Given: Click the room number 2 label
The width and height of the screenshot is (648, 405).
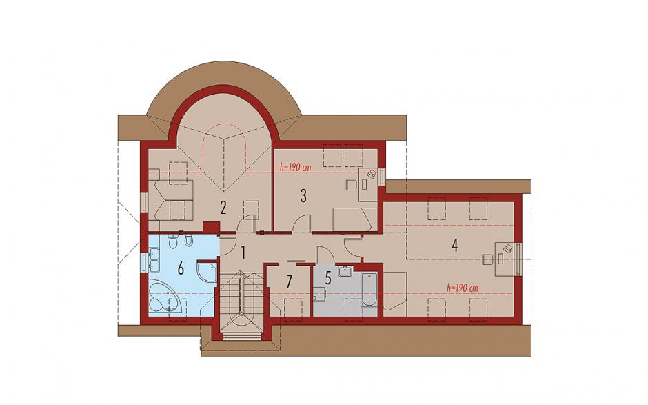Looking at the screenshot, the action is click(x=223, y=208).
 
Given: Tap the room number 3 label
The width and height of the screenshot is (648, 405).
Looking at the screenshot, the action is click(x=303, y=196).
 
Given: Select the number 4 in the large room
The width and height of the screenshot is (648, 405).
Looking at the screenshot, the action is click(x=454, y=246).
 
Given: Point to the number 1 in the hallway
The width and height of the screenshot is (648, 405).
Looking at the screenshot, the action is click(x=243, y=253).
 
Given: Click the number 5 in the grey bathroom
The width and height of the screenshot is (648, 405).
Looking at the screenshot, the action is click(x=328, y=278).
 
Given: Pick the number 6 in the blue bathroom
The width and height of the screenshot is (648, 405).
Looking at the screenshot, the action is click(x=181, y=269).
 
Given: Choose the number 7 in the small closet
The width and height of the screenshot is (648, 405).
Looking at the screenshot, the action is click(x=289, y=281).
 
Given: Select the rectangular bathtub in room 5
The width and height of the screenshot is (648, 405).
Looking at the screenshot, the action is click(x=369, y=289).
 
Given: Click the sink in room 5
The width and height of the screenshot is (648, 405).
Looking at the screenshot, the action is click(x=344, y=271).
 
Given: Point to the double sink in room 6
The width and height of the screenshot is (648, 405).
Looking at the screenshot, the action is click(x=154, y=260).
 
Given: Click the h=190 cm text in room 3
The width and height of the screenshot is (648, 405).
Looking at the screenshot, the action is click(x=296, y=168).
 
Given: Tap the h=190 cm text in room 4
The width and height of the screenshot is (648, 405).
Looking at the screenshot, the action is click(x=463, y=288).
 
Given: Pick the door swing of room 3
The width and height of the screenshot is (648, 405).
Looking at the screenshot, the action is click(x=300, y=224).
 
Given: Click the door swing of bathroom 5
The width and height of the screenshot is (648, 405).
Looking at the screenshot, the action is click(x=323, y=255).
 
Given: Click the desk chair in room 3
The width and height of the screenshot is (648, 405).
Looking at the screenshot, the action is click(x=352, y=185).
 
